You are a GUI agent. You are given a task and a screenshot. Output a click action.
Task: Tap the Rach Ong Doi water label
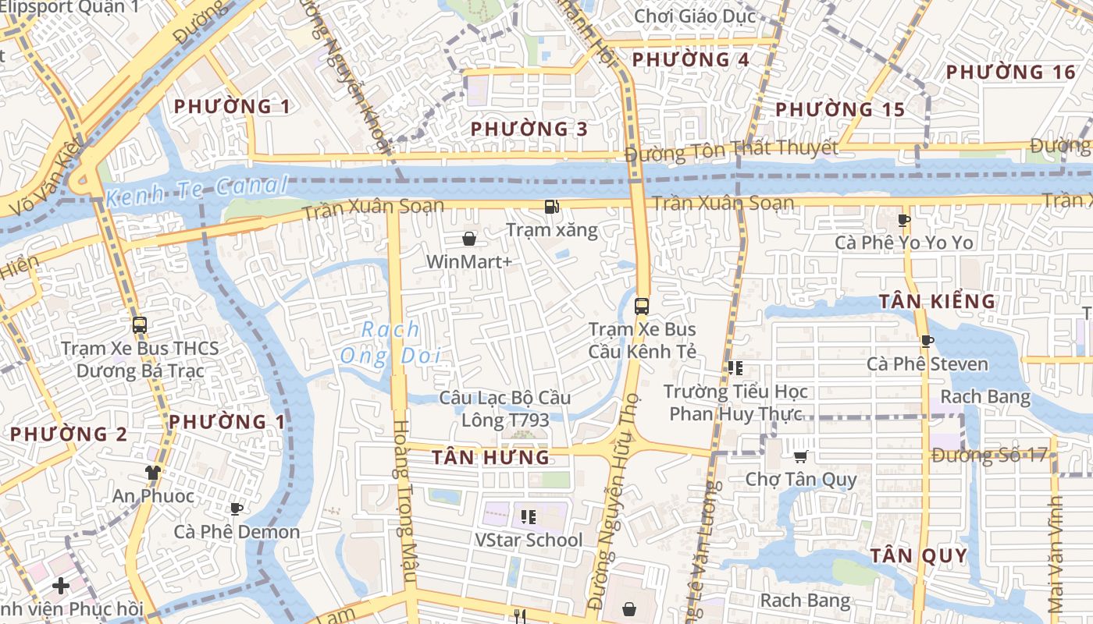click(x=390, y=343)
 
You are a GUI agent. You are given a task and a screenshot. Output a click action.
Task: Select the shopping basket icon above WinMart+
click(x=469, y=238)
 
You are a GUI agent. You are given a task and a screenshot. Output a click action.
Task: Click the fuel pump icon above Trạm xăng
click(x=552, y=207)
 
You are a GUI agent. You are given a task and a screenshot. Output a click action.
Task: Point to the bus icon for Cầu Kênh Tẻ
click(x=642, y=307)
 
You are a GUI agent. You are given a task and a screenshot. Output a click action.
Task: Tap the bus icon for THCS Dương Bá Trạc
click(x=140, y=325)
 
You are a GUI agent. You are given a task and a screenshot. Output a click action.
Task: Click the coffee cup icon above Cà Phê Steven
click(x=927, y=341)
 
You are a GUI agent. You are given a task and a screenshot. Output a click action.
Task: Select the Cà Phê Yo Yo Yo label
click(x=904, y=243)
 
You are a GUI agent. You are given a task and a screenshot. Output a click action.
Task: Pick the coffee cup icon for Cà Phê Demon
click(x=237, y=509)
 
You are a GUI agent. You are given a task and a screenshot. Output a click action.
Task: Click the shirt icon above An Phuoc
click(x=153, y=472)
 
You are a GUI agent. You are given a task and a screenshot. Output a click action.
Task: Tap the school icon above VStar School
click(x=529, y=516)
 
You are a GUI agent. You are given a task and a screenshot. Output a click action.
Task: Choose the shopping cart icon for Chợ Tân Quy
click(x=800, y=456)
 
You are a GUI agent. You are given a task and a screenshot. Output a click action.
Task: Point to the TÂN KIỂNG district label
click(x=937, y=302)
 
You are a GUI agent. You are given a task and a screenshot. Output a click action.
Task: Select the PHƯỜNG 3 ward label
click(x=529, y=129)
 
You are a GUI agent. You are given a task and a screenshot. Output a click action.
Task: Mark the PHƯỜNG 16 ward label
click(x=1011, y=73)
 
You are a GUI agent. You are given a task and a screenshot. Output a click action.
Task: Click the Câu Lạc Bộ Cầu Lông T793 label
click(x=505, y=409)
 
